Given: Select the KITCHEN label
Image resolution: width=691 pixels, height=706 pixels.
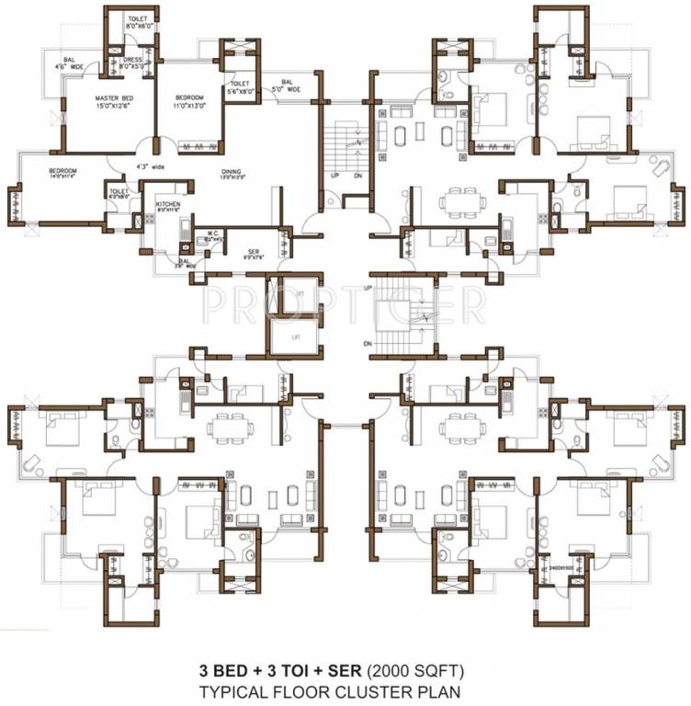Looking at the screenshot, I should [x=167, y=203].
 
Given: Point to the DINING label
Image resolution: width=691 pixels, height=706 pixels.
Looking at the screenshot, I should [x=232, y=171].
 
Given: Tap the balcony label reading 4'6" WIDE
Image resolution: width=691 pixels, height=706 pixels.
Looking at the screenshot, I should [x=69, y=63].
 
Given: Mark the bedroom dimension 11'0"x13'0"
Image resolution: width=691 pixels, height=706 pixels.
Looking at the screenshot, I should [x=189, y=106].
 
